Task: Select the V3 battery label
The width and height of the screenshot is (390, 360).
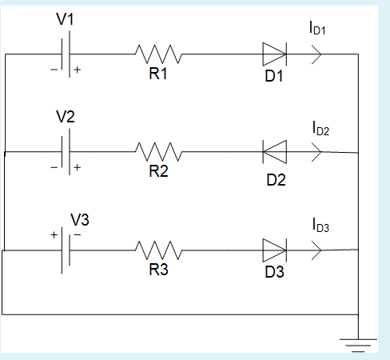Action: tap(81, 218)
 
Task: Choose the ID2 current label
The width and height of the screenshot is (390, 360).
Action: tap(320, 129)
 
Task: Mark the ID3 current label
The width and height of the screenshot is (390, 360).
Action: tap(320, 227)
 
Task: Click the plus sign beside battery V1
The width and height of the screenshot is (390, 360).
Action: tap(78, 70)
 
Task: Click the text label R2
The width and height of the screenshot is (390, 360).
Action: tap(158, 170)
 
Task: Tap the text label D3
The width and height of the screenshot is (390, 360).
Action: tap(275, 272)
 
